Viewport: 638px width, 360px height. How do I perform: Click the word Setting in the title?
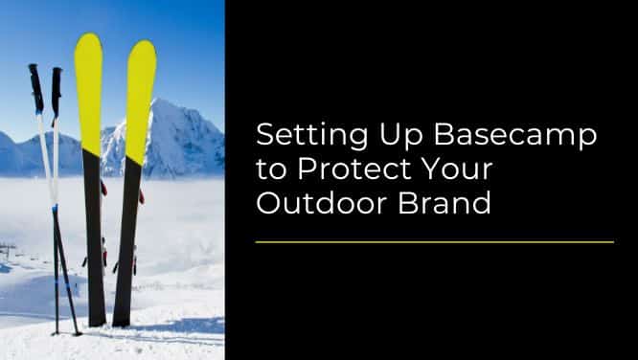click(x=292, y=136)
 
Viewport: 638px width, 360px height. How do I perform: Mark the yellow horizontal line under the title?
click(x=434, y=242)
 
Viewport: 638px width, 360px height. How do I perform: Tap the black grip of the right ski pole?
click(x=57, y=91)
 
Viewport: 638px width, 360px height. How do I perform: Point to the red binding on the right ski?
click(x=141, y=196)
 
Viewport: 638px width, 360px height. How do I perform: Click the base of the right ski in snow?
click(x=122, y=320)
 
